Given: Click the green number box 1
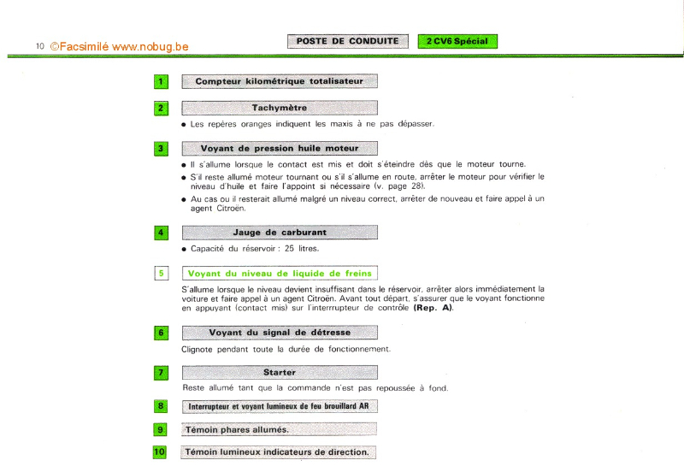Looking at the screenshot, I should [161, 82].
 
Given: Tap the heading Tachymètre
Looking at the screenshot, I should [279, 109].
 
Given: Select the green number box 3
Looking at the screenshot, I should [161, 149].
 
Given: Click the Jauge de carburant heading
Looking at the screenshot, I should [279, 233].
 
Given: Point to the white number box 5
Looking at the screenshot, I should [161, 274].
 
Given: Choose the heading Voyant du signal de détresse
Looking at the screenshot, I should [279, 333].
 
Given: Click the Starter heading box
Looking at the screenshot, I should [279, 373].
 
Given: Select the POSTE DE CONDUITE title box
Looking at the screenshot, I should [347, 41].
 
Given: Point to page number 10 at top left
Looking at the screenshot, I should [39, 46].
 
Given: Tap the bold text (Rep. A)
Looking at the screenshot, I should [433, 308].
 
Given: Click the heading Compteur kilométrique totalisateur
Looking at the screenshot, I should [279, 82].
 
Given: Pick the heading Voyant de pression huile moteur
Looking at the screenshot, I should [279, 149].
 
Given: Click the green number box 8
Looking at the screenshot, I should [161, 406].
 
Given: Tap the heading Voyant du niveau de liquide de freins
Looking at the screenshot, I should [279, 274].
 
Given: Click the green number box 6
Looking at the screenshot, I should [161, 333].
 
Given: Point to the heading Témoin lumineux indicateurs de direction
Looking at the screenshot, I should [278, 452].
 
